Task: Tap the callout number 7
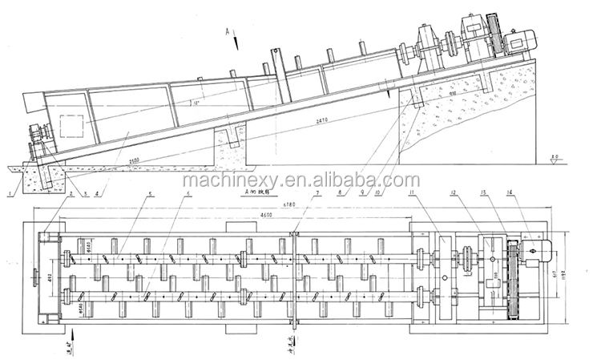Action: click(317, 194)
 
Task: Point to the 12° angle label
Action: click(187, 103)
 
